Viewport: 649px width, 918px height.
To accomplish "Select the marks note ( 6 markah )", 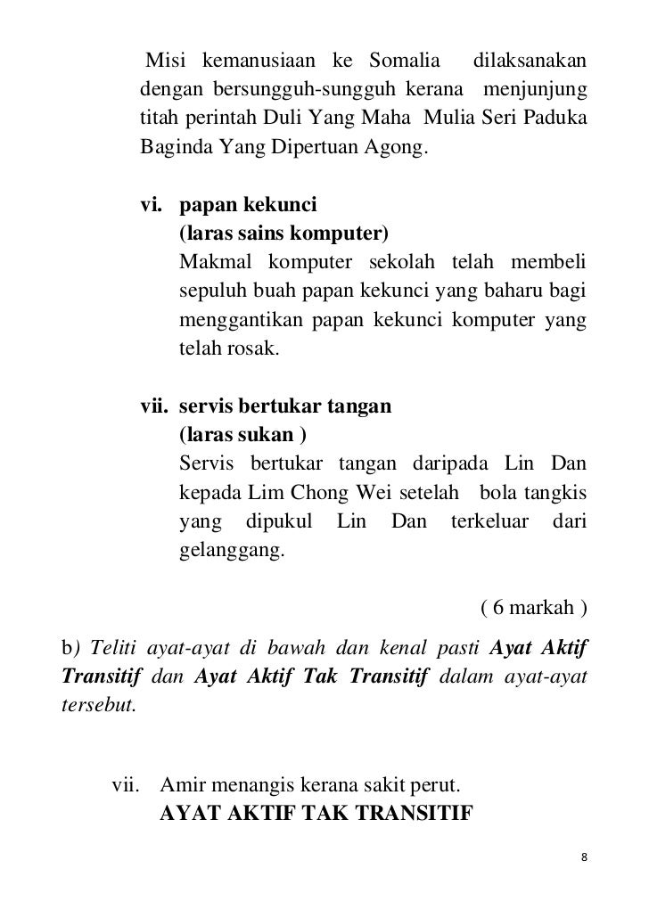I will click(x=533, y=609).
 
